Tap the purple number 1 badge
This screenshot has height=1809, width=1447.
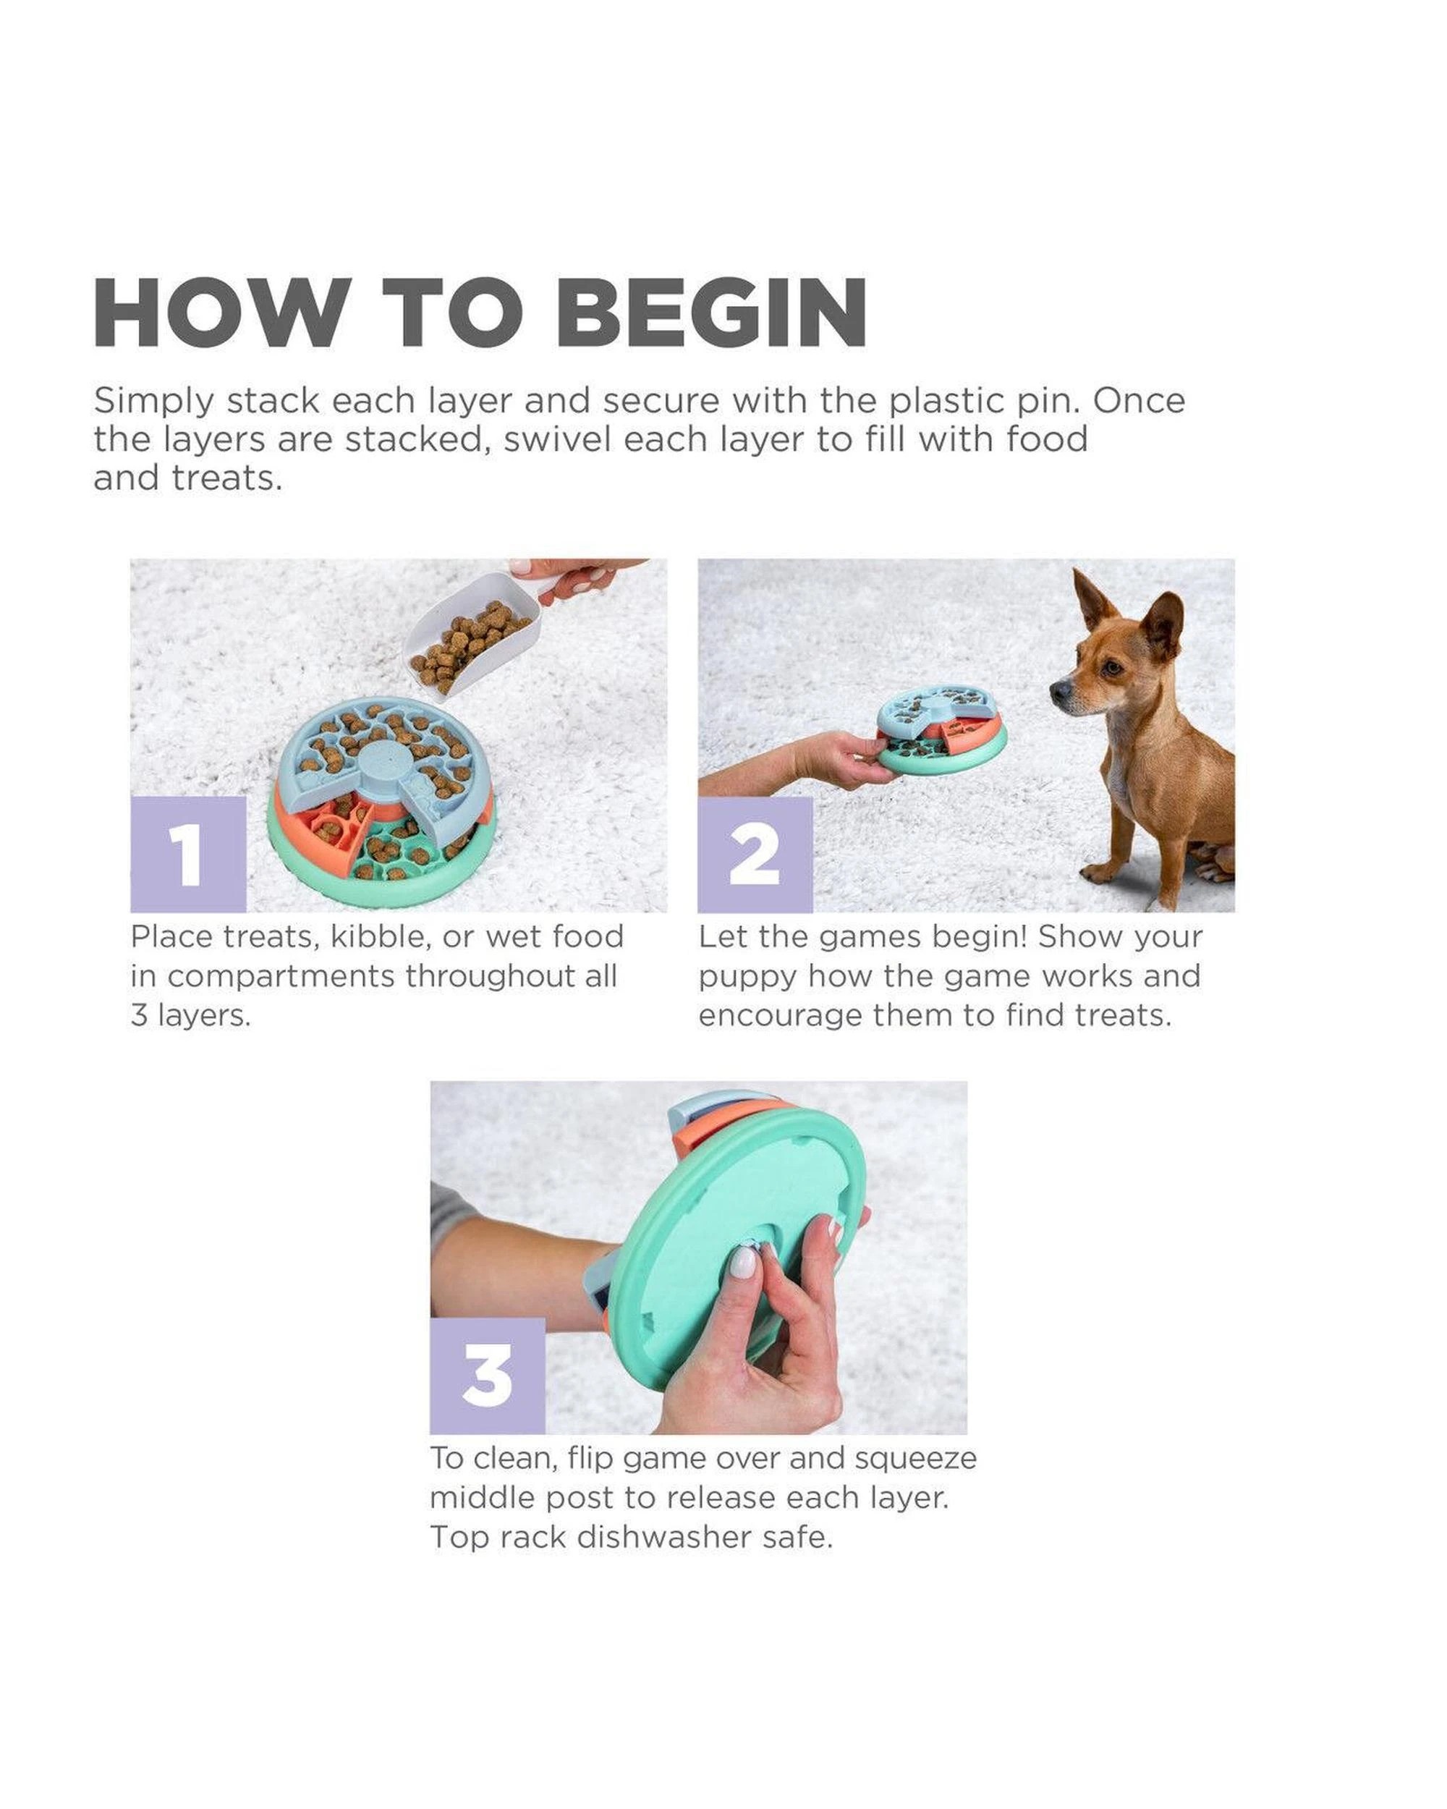click(188, 854)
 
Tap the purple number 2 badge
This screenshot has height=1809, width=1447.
click(755, 854)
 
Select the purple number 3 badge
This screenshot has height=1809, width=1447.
click(488, 1376)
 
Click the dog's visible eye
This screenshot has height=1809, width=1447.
click(1111, 668)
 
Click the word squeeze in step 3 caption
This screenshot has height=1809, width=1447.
click(915, 1457)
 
